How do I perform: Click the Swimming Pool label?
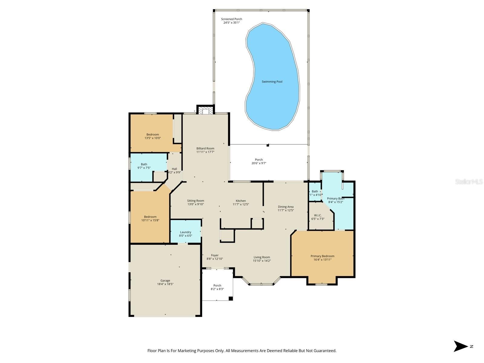[272, 82]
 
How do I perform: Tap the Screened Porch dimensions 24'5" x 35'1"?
[231, 23]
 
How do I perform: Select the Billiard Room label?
[205, 148]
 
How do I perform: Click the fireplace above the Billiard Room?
[205, 111]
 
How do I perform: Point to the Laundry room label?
[185, 232]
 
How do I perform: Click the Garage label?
[165, 280]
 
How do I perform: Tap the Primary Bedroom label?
[322, 256]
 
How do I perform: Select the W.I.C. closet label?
[318, 215]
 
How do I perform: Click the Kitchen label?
[241, 201]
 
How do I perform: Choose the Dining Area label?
[286, 207]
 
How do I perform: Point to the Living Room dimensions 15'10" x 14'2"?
[262, 261]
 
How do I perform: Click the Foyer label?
[215, 255]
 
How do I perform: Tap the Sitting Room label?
[195, 201]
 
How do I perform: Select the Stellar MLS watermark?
[469, 181]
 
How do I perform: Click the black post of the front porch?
[231, 299]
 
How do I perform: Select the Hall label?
[174, 169]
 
